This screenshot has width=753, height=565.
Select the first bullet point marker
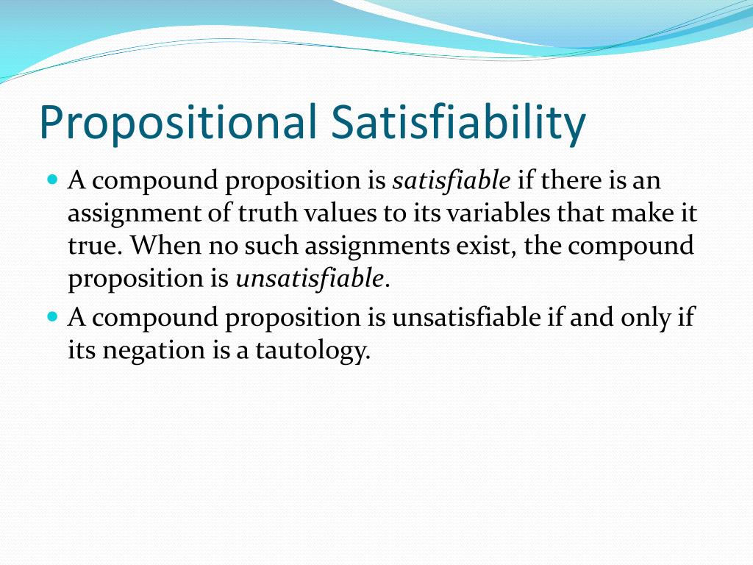coord(52,179)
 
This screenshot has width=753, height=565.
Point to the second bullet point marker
coord(52,316)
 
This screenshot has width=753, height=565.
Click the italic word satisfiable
coord(452,180)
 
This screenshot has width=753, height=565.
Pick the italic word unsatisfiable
coord(310,279)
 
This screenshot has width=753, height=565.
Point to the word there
coord(573,180)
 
